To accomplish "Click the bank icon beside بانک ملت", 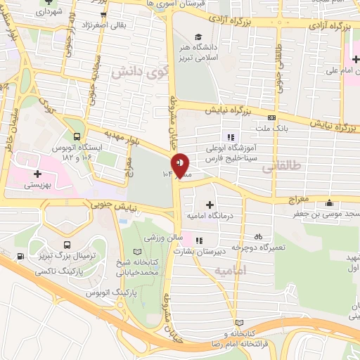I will [x=271, y=117].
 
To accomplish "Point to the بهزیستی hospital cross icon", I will [x=36, y=173].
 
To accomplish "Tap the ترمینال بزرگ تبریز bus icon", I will [x=65, y=245].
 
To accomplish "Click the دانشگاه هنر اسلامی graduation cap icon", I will [x=199, y=37].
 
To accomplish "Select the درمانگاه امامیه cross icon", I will [x=210, y=204].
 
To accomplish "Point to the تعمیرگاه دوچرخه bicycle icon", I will [x=259, y=237].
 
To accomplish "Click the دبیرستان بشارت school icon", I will [x=198, y=239].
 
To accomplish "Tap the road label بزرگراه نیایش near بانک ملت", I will [x=228, y=111].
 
